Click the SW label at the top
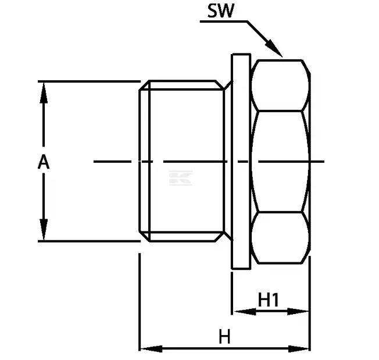[221, 10]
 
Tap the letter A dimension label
[44, 162]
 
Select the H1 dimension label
[269, 300]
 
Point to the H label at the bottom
[224, 336]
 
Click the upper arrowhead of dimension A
[44, 93]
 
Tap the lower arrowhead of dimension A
[44, 230]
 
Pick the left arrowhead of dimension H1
[245, 311]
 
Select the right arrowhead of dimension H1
[298, 311]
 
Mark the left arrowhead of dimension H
[151, 348]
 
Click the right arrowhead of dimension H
[299, 348]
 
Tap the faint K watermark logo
[181, 178]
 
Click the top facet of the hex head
[280, 85]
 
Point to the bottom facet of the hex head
[280, 237]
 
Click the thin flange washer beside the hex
[241, 161]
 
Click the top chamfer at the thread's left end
[144, 85]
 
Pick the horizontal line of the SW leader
[224, 22]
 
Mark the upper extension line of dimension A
[89, 81]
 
